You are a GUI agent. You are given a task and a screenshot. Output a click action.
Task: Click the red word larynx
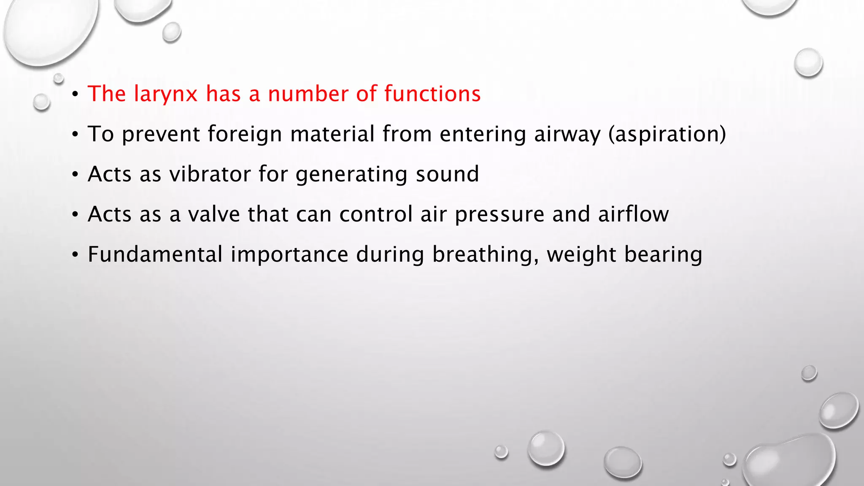point(166,94)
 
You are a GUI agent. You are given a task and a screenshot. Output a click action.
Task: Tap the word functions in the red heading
point(432,93)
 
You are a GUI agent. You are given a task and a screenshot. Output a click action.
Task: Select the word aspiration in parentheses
point(667,134)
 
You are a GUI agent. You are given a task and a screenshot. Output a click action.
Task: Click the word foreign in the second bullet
point(245,134)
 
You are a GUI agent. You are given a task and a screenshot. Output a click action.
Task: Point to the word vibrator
point(210,174)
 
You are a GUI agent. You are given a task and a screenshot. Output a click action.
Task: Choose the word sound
point(447,174)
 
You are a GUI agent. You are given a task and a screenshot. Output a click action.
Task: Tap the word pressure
point(499,214)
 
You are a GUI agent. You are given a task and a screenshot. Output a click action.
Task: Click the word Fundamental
point(155,254)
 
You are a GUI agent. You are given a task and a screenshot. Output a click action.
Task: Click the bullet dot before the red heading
point(75,94)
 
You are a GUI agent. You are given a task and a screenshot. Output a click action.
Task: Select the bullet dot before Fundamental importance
point(75,255)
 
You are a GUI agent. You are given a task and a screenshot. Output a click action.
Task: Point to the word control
point(376,214)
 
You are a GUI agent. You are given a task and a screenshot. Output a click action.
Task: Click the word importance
point(289,254)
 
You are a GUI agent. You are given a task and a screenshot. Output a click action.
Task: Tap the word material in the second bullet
point(332,134)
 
